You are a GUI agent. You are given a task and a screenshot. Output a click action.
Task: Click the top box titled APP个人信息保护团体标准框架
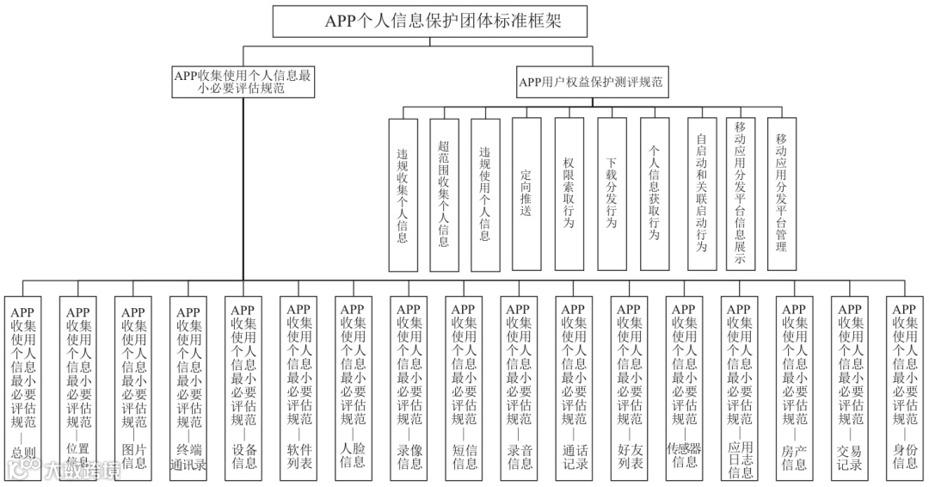[x=443, y=22]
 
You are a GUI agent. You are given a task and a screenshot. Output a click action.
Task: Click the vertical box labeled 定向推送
[x=526, y=193]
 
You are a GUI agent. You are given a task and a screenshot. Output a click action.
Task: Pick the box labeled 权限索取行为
[x=569, y=193]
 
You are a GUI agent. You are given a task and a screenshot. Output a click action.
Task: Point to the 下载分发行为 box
[x=611, y=193]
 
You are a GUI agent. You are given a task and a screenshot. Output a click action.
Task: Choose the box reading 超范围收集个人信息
[x=443, y=193]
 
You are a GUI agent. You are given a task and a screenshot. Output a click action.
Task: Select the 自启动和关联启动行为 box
[x=701, y=193]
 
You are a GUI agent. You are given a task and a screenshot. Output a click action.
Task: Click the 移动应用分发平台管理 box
[x=781, y=193]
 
